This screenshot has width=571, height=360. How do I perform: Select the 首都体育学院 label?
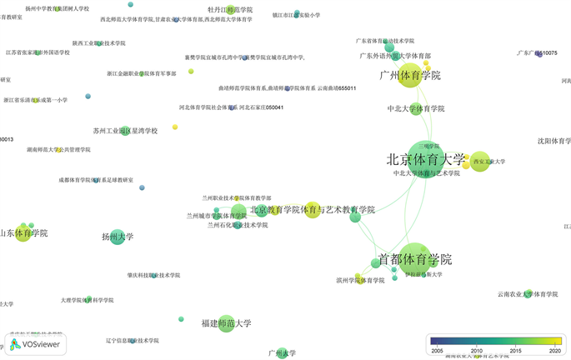(414, 258)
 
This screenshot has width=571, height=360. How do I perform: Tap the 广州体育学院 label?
(409, 76)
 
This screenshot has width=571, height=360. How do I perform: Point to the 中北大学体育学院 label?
(416, 108)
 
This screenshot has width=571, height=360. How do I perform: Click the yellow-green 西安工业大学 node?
(479, 162)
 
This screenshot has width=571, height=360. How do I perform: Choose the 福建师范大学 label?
(226, 323)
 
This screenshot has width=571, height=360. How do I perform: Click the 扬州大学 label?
(118, 237)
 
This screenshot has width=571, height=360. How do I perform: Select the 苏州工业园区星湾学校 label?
(125, 131)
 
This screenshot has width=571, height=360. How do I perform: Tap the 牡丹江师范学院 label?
(230, 10)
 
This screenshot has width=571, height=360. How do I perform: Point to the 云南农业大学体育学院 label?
(527, 294)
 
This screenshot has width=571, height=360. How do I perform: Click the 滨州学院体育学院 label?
(360, 280)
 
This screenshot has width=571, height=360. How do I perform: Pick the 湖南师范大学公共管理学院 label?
(58, 150)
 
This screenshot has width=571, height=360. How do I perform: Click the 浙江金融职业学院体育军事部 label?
(142, 73)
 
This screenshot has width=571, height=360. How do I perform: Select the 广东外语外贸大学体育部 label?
(396, 56)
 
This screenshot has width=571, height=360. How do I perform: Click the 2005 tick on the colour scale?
(437, 351)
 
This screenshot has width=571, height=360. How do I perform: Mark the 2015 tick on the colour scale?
(514, 351)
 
